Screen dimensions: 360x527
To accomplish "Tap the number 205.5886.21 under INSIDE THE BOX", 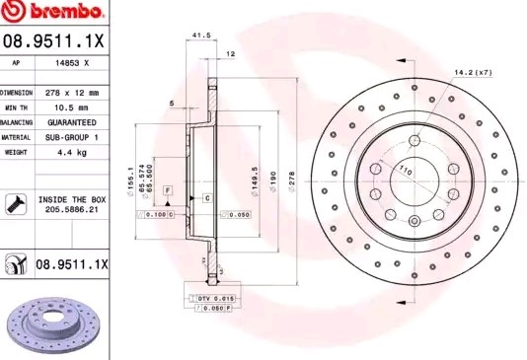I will [x=71, y=210].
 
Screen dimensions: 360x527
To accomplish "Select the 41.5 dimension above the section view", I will [x=201, y=36].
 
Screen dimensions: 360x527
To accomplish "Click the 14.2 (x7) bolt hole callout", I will [x=474, y=72].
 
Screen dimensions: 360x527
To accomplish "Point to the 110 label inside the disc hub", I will [x=404, y=172].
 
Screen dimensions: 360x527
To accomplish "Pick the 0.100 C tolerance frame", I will [x=158, y=214].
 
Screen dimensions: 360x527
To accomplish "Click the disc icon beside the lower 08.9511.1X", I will [x=17, y=264].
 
